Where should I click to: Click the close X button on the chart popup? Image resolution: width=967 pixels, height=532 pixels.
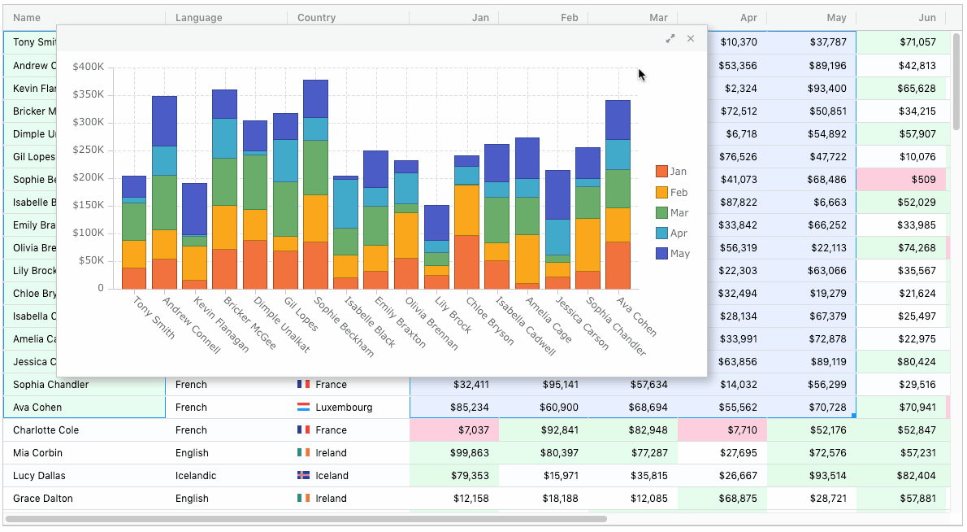691,38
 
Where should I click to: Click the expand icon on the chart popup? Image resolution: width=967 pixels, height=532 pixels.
670,38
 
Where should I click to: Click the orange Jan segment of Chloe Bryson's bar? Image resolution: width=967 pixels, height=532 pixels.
466,262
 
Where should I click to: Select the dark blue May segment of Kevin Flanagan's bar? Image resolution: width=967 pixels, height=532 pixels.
194,209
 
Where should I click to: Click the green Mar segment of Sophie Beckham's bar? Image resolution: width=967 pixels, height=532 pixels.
315,168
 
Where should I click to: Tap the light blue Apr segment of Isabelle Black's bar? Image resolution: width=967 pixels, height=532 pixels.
345,203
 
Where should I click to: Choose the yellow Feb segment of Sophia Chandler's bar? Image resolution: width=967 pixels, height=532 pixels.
588,244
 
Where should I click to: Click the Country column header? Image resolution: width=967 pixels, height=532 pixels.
317,18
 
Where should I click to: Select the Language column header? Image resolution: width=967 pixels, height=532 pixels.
198,18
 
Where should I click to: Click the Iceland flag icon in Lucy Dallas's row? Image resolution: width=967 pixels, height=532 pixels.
304,476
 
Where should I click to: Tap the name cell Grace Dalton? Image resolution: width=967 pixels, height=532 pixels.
43,499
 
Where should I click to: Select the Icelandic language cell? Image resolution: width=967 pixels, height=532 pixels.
196,476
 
